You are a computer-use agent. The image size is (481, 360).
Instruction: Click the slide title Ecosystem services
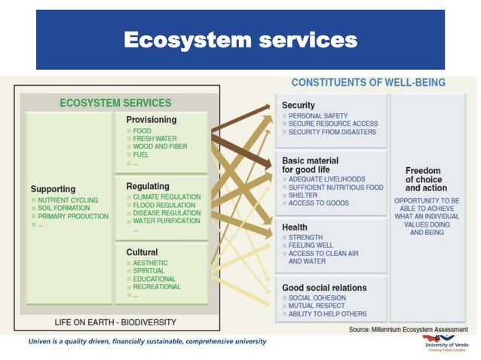tap(240, 40)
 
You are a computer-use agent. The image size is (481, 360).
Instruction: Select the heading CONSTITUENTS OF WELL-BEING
tap(368, 82)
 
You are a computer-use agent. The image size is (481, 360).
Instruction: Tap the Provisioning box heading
tap(152, 120)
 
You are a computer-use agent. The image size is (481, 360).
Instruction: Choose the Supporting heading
tap(53, 188)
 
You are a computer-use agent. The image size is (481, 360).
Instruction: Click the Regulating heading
tap(148, 186)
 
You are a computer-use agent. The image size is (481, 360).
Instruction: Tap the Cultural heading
tap(142, 252)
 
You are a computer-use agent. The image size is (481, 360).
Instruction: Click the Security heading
tap(299, 105)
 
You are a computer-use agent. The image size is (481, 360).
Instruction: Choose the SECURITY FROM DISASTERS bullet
tap(332, 133)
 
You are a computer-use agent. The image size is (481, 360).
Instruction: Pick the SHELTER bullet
tap(302, 195)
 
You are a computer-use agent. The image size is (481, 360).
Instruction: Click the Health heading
tap(295, 227)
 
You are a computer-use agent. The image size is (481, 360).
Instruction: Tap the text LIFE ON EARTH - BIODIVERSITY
tap(115, 322)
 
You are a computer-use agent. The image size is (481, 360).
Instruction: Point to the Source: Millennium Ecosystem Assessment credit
tap(407, 330)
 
